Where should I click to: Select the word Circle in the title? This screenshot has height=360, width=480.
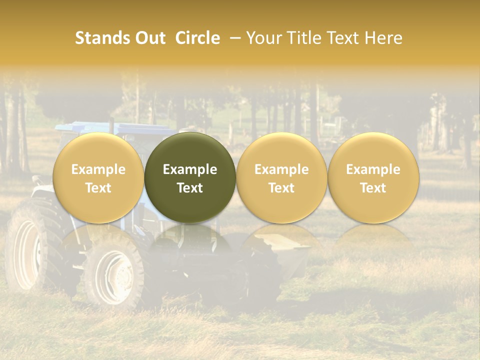[x=197, y=38]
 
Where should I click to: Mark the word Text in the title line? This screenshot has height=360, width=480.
[x=345, y=38]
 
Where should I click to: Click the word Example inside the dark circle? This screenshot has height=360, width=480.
[x=190, y=169]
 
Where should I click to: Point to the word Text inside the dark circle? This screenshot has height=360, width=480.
[x=190, y=188]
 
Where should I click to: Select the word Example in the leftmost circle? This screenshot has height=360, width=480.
[x=98, y=169]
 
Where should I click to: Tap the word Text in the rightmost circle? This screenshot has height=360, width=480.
[x=373, y=188]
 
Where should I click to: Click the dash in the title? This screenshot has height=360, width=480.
[x=233, y=38]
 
